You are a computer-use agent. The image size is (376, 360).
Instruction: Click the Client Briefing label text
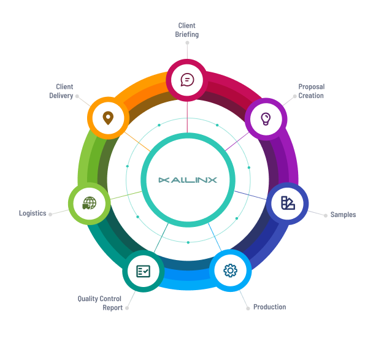point(187,30)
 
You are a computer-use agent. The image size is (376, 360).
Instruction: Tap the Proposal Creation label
point(311,91)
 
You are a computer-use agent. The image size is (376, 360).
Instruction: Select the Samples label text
point(343,215)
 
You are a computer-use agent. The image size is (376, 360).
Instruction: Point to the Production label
point(269,307)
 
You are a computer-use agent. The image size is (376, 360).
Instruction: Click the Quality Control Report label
point(100,303)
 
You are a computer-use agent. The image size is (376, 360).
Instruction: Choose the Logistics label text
point(33,213)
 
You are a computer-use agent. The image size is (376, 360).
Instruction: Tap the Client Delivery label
point(61,91)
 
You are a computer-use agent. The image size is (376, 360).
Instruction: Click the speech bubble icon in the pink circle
point(187,80)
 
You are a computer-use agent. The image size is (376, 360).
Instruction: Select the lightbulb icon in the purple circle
point(266,118)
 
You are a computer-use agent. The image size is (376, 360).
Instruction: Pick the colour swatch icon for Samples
point(288,203)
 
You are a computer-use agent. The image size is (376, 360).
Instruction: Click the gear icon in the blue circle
point(230,270)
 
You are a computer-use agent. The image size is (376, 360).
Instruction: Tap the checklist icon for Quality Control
point(143,270)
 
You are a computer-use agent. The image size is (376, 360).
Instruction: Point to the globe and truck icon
point(90,202)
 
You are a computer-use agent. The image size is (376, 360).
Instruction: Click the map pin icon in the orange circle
point(108,117)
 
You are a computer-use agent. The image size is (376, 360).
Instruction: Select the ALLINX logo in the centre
point(188,180)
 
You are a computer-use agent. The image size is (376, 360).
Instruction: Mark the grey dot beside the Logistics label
point(50,214)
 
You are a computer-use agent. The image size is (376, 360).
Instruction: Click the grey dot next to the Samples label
point(325,215)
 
